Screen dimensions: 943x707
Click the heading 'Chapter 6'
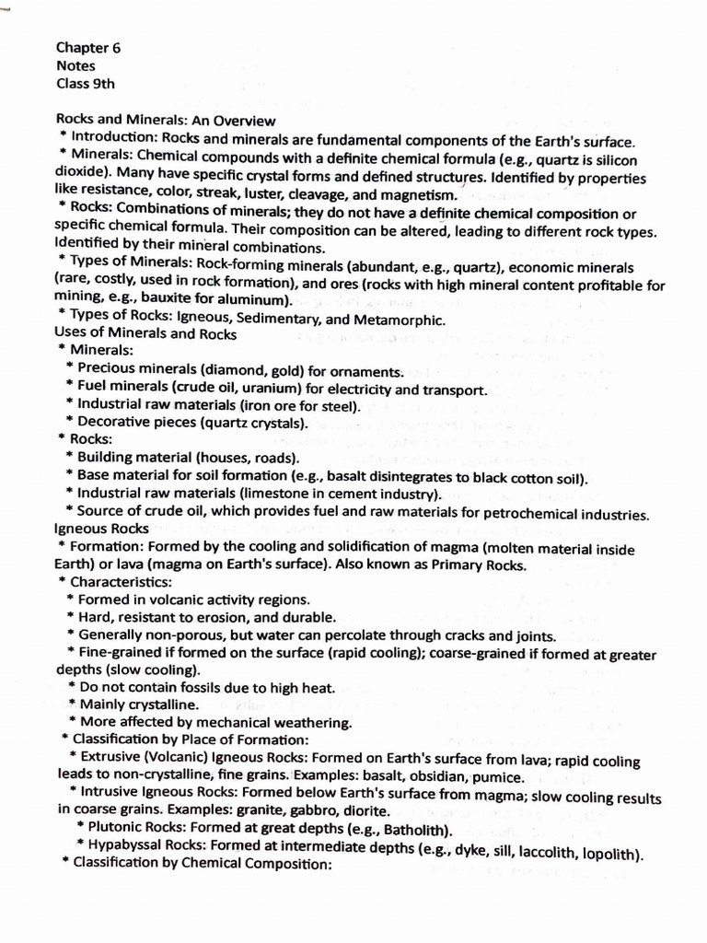pyautogui.click(x=87, y=48)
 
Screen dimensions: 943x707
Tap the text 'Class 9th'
pyautogui.click(x=85, y=84)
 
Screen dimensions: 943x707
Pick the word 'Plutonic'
pyautogui.click(x=119, y=827)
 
